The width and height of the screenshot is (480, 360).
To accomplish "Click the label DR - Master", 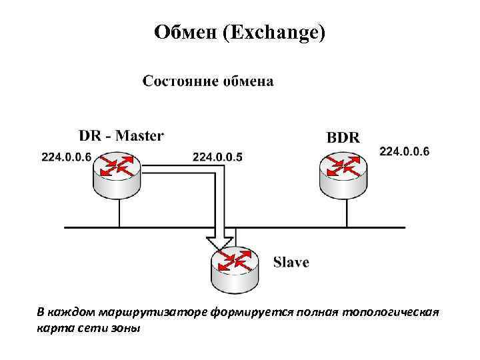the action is pyautogui.click(x=121, y=135).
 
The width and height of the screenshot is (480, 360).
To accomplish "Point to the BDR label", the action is pyautogui.click(x=343, y=137).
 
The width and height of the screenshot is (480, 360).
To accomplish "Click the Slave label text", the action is pyautogui.click(x=291, y=262).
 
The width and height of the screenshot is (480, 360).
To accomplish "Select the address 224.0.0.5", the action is pyautogui.click(x=217, y=157).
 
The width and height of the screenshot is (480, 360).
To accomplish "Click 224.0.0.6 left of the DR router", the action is pyautogui.click(x=66, y=157).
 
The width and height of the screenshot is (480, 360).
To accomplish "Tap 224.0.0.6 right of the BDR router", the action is pyautogui.click(x=404, y=152).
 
